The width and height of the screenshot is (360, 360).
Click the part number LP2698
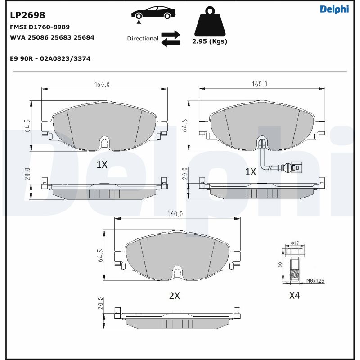click(27, 16)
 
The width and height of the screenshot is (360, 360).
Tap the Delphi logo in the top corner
click(334, 9)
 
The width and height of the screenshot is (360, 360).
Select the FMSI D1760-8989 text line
click(40, 27)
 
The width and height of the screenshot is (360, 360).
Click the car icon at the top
click(153, 13)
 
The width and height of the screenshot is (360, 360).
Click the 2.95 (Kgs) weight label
click(210, 41)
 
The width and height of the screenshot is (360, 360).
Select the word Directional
click(143, 39)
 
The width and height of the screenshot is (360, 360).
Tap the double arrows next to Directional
click(171, 39)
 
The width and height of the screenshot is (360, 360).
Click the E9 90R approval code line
click(50, 58)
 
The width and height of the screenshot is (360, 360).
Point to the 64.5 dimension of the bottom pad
click(100, 255)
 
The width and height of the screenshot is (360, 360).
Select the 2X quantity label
click(174, 296)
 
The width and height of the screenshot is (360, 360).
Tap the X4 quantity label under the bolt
click(294, 296)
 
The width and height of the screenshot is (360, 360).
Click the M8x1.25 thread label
click(315, 281)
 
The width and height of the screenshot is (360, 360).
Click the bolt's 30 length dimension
click(279, 265)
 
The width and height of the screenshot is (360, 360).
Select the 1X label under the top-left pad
click(102, 165)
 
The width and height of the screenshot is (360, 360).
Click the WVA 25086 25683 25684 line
click(52, 37)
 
